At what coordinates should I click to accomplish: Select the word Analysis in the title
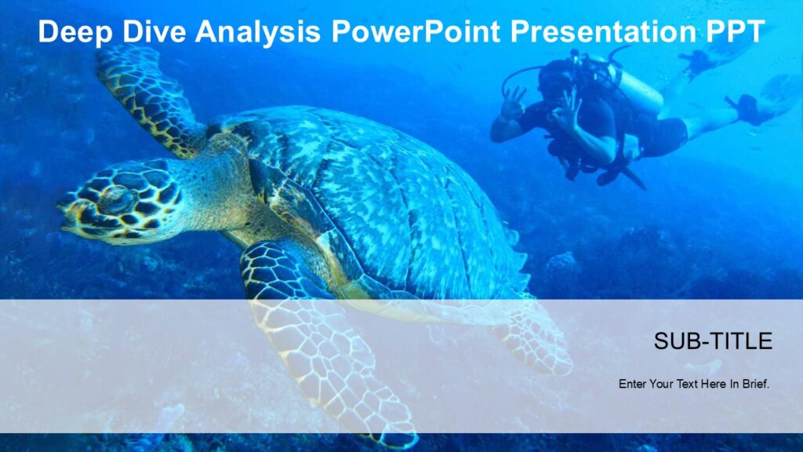(x=258, y=32)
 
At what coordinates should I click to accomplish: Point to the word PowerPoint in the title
(x=416, y=32)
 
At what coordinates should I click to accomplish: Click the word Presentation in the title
(x=599, y=32)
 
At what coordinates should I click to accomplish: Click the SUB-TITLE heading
(x=713, y=341)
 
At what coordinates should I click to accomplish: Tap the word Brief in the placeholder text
(x=754, y=385)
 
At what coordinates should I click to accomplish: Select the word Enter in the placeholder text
(x=633, y=385)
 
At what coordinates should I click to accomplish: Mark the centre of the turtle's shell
(x=376, y=196)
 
